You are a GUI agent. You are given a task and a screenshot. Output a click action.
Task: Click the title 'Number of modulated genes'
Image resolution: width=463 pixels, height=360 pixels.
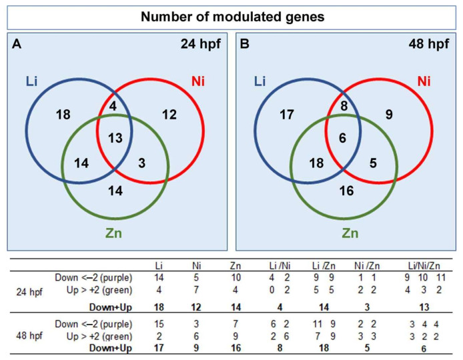pos(232,17)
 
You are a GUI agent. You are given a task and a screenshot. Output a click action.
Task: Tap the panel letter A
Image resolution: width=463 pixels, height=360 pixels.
pos(17,44)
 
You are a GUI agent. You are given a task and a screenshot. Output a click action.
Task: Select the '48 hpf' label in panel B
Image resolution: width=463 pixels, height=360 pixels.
pos(429,44)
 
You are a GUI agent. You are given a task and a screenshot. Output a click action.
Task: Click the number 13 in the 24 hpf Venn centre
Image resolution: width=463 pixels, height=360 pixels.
pos(115,138)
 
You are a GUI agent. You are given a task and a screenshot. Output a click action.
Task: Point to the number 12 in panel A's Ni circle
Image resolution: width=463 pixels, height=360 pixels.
pos(169,115)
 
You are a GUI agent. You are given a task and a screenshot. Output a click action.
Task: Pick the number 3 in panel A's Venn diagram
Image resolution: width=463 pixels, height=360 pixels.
pos(141,163)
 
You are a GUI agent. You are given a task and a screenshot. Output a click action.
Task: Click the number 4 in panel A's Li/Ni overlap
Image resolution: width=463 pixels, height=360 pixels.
pos(113,106)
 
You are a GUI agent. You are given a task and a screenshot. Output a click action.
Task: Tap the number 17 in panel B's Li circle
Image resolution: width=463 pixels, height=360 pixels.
pos(287,115)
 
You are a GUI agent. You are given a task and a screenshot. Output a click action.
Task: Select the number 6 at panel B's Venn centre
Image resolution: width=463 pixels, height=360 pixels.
pos(342,138)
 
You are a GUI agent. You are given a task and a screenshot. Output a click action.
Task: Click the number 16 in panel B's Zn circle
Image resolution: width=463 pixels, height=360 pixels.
pos(346,191)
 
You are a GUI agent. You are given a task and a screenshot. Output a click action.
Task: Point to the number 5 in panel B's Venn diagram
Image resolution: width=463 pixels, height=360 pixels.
pos(373,163)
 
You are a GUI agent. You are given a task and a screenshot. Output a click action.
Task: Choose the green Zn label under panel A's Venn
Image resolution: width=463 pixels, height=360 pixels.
pos(113,233)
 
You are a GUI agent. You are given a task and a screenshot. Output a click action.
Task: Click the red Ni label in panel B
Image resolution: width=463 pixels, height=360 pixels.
pos(424,81)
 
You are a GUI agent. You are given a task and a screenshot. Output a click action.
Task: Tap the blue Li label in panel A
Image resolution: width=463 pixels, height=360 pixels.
pos(31,81)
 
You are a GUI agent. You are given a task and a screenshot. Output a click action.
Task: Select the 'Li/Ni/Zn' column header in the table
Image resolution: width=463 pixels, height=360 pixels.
pos(424,266)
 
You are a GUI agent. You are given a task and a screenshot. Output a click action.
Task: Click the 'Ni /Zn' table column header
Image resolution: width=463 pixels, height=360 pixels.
pos(367,266)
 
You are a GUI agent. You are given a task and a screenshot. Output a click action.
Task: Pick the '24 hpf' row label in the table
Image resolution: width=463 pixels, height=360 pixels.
pos(29,292)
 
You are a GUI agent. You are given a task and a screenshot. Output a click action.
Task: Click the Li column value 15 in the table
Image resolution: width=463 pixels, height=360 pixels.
pos(159,324)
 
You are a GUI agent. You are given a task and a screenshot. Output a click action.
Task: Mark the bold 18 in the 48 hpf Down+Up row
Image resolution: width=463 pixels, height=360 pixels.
pos(324,347)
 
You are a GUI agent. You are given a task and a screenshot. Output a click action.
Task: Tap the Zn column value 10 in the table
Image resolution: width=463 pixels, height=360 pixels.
pos(236,277)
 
